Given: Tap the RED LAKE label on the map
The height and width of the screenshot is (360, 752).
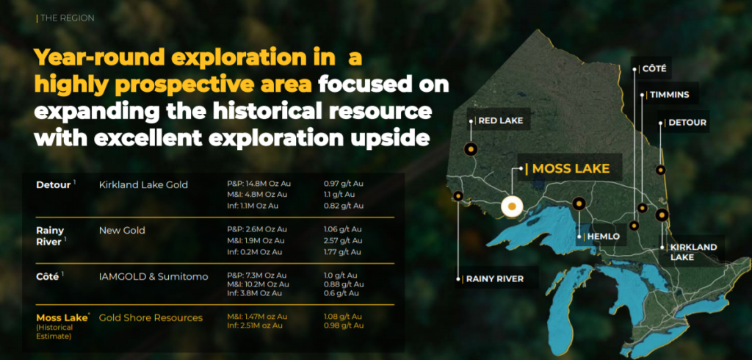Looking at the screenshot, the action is click(501, 121).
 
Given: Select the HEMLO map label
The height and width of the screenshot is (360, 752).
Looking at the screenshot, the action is click(602, 237).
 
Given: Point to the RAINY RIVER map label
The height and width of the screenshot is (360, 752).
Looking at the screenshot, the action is click(495, 279).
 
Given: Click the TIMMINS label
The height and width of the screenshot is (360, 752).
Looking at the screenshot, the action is click(670, 95).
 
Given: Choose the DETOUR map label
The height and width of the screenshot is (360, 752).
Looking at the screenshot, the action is click(687, 123).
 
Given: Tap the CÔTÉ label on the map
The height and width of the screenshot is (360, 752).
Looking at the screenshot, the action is click(654, 69).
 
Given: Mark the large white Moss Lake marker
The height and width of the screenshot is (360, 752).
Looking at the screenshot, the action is click(512, 206).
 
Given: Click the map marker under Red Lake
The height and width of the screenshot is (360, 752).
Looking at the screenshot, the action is click(471, 149).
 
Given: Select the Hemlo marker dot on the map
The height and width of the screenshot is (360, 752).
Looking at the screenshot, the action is click(579, 204).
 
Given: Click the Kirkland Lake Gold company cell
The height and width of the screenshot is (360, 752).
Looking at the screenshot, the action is click(143, 184).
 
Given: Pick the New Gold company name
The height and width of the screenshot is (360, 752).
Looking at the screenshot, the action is click(122, 231).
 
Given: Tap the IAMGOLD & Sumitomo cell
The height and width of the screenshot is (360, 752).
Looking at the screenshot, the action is click(153, 276).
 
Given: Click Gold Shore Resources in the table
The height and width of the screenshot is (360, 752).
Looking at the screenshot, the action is click(151, 318).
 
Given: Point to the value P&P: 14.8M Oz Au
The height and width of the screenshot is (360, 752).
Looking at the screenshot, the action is click(259, 184).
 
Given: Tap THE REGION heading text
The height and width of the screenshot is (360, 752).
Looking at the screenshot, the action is click(68, 18).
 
